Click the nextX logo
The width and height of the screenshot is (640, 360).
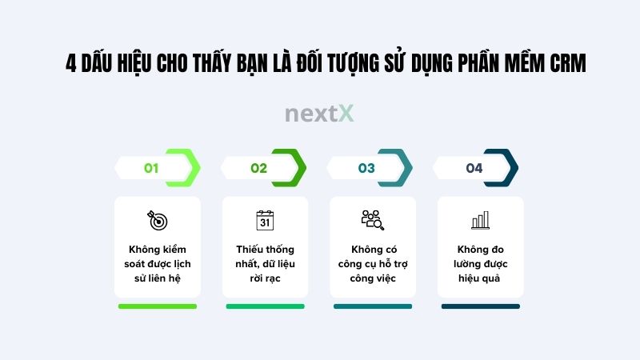coord(319,114)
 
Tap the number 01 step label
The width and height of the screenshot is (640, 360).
coord(151,168)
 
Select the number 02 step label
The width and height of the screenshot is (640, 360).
coord(258,168)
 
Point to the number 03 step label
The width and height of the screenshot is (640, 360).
coord(366,168)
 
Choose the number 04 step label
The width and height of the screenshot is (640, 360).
coord(474,168)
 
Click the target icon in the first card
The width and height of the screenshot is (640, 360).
coord(157,219)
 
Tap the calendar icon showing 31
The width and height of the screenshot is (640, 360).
coord(265,219)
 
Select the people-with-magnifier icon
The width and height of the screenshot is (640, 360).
coord(372,219)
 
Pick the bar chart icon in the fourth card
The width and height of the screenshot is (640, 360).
coord(480,219)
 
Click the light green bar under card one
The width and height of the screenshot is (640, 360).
coord(157,306)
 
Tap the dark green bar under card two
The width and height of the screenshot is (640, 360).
coord(265,306)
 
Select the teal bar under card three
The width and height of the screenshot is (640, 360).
coord(373,306)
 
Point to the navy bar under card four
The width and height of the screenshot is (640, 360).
coord(480,306)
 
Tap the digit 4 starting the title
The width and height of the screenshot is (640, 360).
coord(71,64)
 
